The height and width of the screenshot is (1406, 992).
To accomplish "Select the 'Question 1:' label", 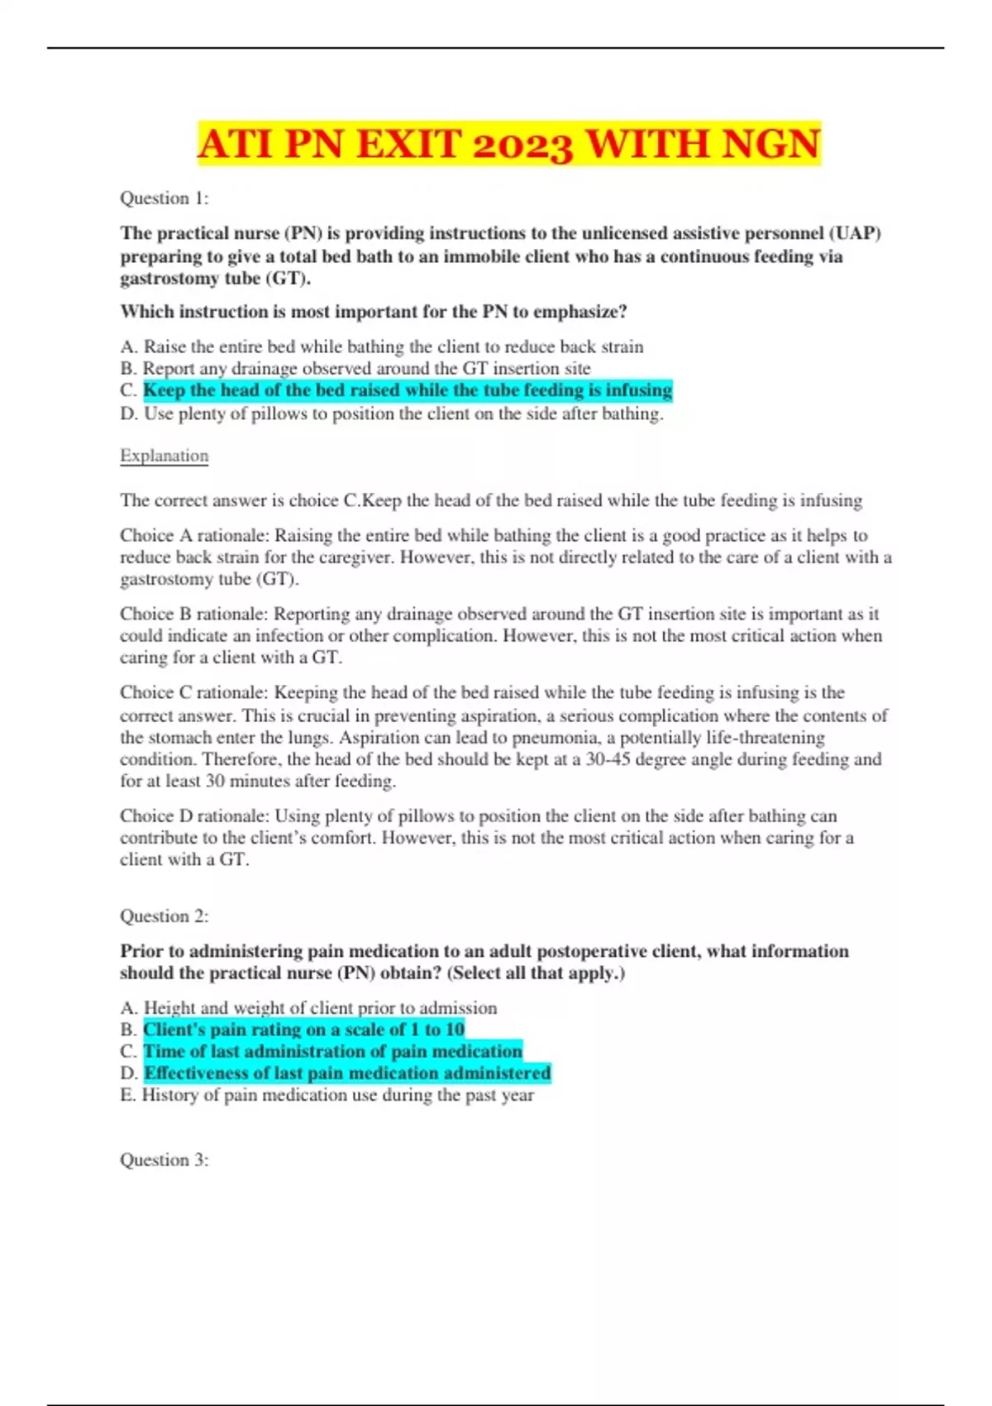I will (x=165, y=198).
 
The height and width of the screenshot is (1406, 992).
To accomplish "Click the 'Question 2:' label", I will (x=165, y=916).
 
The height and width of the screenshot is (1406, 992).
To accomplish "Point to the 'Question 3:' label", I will (x=165, y=1160).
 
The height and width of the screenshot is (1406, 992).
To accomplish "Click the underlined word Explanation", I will (x=165, y=456).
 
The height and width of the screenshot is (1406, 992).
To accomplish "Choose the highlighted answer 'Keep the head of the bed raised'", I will (x=408, y=390).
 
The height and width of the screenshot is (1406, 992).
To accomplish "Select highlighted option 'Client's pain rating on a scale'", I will (x=303, y=1030).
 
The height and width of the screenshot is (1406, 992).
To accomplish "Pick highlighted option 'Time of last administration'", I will (x=332, y=1051).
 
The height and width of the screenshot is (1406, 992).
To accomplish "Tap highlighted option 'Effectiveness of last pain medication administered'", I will (x=347, y=1074).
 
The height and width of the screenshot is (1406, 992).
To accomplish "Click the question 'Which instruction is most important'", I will (x=374, y=312).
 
